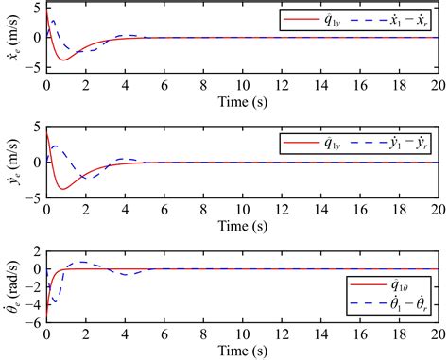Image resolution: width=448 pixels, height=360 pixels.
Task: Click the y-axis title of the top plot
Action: [x=10, y=38]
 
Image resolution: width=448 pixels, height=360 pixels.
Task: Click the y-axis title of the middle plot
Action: [x=10, y=162]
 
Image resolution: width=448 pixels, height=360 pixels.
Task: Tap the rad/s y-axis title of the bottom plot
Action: [x=10, y=286]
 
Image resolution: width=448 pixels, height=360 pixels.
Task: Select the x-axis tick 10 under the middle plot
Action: [x=243, y=208]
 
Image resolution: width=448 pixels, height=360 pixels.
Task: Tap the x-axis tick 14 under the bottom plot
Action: [x=321, y=334]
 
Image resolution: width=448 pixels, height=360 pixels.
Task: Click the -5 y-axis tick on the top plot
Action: [x=34, y=68]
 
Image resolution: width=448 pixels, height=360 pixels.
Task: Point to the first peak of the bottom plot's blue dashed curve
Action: [x=83, y=262]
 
